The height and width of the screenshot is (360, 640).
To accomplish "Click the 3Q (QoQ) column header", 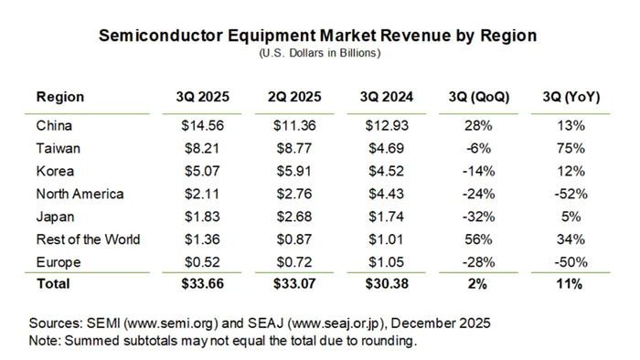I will click(479, 97).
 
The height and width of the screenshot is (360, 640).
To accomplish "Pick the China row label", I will click(53, 125).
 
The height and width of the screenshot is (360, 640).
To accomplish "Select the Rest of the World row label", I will click(88, 239).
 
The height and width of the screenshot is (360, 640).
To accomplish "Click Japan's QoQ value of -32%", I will click(479, 217).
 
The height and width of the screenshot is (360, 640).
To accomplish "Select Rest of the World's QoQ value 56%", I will click(479, 239).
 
